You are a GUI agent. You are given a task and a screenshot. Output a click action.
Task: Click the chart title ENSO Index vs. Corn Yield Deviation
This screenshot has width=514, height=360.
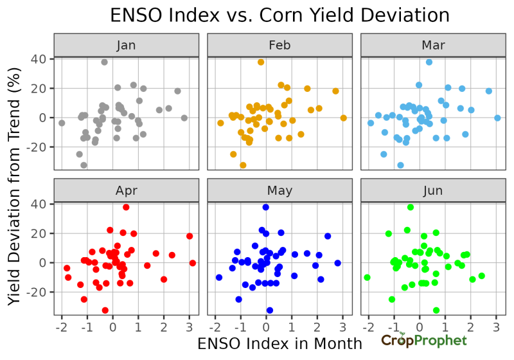pos(279,15)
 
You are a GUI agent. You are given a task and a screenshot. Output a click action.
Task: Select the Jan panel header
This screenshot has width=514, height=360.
pos(126,45)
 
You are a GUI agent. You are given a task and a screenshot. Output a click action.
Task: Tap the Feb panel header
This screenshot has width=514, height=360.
pos(279,45)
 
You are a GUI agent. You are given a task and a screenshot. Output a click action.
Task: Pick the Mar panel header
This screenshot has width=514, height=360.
pos(432,45)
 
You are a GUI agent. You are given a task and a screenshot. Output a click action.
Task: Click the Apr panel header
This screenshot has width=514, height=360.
pos(126,190)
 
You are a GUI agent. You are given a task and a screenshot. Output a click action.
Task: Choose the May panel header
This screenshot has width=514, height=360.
pos(279,190)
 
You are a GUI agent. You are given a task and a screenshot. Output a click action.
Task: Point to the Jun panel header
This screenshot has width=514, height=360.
pos(432,190)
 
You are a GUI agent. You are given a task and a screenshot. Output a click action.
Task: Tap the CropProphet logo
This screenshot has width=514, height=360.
pos(423,340)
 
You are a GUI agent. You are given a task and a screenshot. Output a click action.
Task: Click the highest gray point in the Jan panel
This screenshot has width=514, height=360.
pos(104,62)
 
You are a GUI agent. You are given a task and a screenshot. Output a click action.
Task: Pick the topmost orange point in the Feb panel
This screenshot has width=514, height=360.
pos(261,62)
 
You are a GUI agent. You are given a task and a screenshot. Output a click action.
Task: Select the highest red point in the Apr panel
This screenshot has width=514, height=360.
pos(126,208)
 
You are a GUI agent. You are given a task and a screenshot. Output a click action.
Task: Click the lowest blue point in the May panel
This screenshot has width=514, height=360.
pos(269,310)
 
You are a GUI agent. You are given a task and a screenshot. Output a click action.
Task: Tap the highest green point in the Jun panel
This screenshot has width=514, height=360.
pos(411,208)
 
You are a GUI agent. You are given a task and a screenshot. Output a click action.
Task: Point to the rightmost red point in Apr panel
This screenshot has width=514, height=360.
pos(193,263)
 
